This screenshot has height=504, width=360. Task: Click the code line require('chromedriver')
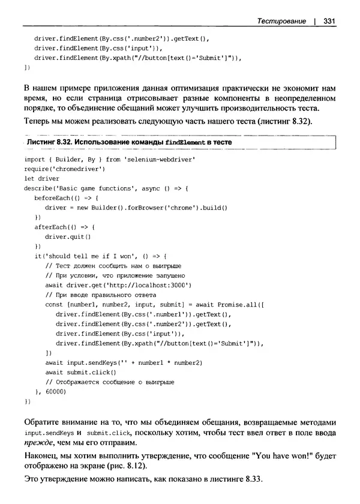coord(63,170)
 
